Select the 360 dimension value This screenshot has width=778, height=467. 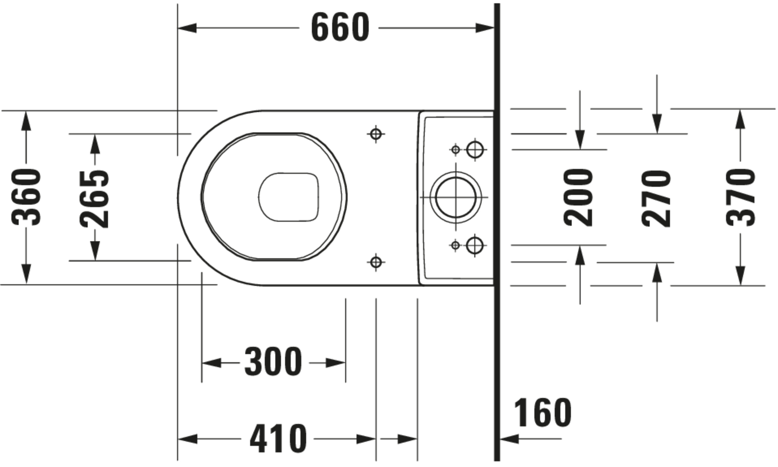[26, 197]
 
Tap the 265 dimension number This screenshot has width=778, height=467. [94, 199]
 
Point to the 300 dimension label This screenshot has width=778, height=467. [273, 362]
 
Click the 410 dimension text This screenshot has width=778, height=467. [278, 439]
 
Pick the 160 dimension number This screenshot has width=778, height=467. [543, 413]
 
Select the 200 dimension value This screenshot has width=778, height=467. [579, 197]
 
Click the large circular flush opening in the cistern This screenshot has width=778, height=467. [456, 197]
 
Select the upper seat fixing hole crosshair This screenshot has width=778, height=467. [376, 134]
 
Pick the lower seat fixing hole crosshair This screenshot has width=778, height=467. [376, 262]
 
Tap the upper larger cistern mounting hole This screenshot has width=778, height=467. [475, 149]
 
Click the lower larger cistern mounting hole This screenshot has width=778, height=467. [475, 245]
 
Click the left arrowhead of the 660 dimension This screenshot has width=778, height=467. [187, 28]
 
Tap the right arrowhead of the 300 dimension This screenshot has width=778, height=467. [335, 363]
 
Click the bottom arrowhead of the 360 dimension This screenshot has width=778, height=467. [26, 274]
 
